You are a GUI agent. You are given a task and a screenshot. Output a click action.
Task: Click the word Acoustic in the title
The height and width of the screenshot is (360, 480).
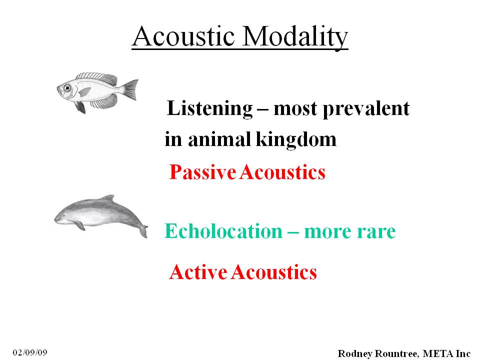pyautogui.click(x=183, y=36)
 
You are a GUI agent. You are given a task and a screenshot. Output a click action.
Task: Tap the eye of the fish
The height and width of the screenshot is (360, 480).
pyautogui.click(x=67, y=88)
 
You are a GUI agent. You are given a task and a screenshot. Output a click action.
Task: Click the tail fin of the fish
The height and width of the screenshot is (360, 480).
pyautogui.click(x=130, y=89)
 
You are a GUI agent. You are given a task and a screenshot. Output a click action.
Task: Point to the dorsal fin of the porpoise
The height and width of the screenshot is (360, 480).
pyautogui.click(x=108, y=198)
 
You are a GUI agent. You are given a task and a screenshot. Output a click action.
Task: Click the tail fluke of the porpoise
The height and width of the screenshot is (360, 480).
pyautogui.click(x=143, y=231)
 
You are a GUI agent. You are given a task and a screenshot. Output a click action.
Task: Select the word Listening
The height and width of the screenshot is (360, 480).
pyautogui.click(x=210, y=108)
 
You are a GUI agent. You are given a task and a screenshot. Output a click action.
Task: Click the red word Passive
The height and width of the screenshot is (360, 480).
pyautogui.click(x=202, y=171)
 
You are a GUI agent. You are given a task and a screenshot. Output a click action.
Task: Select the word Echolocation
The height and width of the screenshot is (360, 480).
pyautogui.click(x=223, y=231)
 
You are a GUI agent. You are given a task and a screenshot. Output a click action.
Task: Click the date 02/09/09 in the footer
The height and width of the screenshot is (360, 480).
pyautogui.click(x=30, y=352)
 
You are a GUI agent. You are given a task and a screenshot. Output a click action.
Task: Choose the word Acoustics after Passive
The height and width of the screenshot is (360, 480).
pyautogui.click(x=282, y=171)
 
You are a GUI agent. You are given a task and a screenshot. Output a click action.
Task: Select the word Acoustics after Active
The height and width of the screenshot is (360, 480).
pyautogui.click(x=274, y=272)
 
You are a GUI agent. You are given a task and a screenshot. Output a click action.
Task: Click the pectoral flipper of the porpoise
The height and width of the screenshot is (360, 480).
pyautogui.click(x=79, y=225)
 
